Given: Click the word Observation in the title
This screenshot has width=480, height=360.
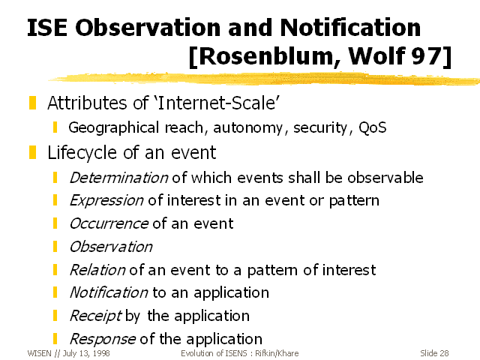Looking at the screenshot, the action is [x=148, y=28].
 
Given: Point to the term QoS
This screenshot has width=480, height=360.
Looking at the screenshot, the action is [x=372, y=127].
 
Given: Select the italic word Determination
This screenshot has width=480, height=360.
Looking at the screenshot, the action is [x=118, y=178].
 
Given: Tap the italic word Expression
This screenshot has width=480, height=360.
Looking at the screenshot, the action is [x=106, y=201].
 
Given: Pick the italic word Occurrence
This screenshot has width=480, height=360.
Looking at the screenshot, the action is [x=109, y=223].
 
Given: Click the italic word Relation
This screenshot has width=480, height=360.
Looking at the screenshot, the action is [x=97, y=270].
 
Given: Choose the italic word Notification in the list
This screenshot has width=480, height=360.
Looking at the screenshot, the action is [x=109, y=292].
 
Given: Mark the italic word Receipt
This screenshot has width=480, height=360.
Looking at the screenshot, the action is [x=95, y=316].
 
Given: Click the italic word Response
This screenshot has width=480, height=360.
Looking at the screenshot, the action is [x=103, y=339].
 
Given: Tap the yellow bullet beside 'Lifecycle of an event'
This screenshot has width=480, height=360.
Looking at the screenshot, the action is [x=32, y=152].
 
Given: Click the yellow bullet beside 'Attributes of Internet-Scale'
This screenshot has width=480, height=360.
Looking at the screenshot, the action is [x=32, y=103].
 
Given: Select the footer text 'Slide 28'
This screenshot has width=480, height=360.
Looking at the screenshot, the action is [x=434, y=353].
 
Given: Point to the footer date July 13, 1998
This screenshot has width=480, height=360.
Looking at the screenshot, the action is [x=86, y=353].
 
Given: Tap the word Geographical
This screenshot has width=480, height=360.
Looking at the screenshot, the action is [x=113, y=128].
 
